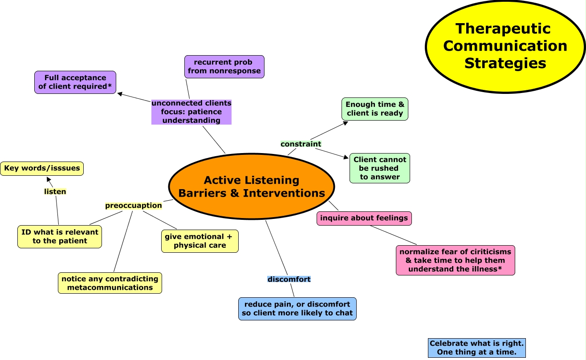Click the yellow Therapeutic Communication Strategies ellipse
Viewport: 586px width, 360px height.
click(x=505, y=46)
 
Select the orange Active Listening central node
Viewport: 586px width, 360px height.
click(x=252, y=186)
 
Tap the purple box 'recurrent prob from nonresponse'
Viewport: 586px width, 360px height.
click(x=224, y=67)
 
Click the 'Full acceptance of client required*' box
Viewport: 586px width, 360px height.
click(x=75, y=82)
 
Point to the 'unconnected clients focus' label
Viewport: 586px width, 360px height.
click(x=191, y=112)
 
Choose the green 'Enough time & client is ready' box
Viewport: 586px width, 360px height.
click(x=375, y=109)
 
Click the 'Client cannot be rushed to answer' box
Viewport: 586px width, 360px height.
click(x=380, y=168)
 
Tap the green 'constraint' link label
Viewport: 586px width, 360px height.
click(x=301, y=144)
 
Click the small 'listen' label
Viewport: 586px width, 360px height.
click(x=55, y=192)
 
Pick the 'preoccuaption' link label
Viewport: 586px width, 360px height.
click(x=134, y=206)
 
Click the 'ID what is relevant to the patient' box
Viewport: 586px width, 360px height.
click(x=60, y=237)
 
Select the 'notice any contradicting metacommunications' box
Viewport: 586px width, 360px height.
click(x=110, y=283)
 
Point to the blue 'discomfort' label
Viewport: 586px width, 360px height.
click(x=289, y=279)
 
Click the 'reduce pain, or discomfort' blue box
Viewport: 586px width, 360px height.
click(x=297, y=308)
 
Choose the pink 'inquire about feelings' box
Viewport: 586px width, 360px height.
click(x=364, y=218)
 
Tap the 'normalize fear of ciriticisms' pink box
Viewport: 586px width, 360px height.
click(x=456, y=260)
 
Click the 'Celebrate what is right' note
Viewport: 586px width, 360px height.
click(x=477, y=348)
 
